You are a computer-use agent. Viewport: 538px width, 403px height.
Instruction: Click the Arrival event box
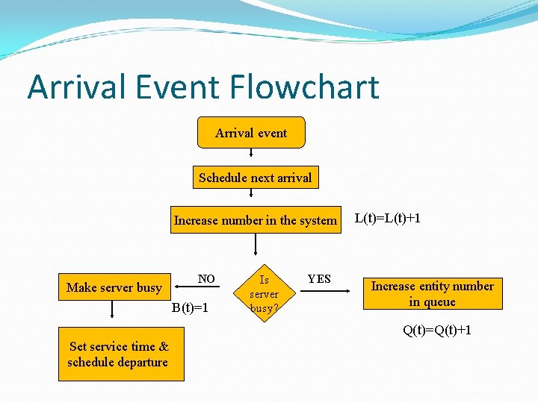point(251,133)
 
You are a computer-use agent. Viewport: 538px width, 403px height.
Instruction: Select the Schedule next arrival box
point(255,178)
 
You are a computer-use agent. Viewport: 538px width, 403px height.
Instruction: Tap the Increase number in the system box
point(255,220)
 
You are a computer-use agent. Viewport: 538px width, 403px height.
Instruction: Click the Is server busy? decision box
point(264,294)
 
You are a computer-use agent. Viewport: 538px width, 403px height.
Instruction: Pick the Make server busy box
point(114,287)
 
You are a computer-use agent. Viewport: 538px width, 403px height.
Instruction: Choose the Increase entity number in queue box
point(433,293)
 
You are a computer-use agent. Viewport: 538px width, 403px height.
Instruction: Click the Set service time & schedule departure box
point(119,354)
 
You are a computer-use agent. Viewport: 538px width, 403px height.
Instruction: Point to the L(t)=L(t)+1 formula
point(387,218)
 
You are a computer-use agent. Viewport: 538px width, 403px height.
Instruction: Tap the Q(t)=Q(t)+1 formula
point(437,330)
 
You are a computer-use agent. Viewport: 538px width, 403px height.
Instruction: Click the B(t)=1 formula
point(190,307)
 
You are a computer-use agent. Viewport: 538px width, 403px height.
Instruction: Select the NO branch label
point(206,279)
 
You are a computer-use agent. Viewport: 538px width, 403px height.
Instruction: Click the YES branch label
point(319,279)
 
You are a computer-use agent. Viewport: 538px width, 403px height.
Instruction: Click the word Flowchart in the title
point(305,87)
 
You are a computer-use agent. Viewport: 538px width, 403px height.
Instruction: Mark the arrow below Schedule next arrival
point(250,196)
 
